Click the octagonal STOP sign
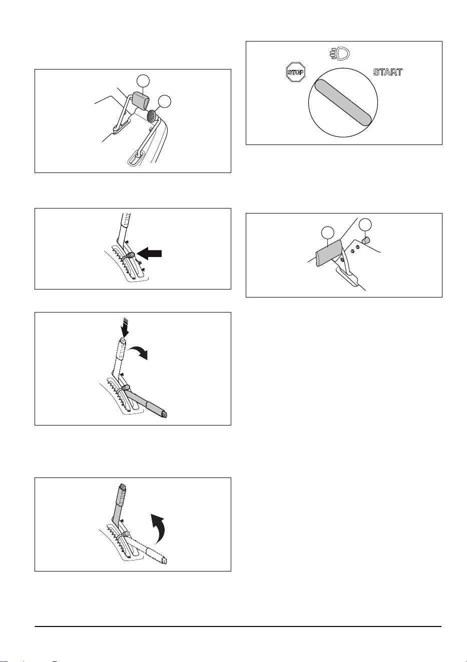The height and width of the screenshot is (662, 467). (295, 72)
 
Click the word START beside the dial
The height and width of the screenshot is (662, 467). (388, 72)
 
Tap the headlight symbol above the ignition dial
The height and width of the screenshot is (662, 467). (340, 53)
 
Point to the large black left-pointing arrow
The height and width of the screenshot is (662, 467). (150, 253)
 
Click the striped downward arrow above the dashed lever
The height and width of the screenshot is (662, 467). (125, 327)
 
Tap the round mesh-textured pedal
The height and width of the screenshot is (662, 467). (152, 116)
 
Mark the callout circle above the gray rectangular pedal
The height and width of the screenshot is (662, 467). (143, 81)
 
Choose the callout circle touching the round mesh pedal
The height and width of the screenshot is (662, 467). (165, 101)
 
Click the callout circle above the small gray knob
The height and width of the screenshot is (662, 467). (365, 225)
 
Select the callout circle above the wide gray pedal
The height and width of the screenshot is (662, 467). (328, 233)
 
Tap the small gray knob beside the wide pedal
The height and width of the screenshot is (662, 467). (365, 240)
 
